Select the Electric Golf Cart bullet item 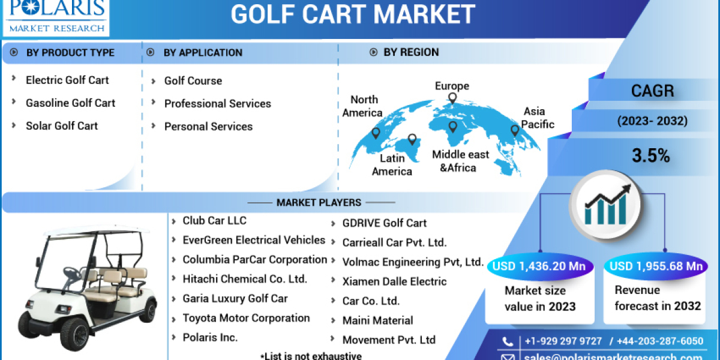67,80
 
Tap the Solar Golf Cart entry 61,125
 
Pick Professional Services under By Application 217,104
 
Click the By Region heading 410,52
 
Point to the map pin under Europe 452,99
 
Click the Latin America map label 392,165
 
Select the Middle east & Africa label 460,161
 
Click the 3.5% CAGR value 650,156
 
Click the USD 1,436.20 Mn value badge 540,266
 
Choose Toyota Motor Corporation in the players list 246,318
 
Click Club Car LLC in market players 214,221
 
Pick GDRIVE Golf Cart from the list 384,223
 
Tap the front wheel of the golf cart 74,333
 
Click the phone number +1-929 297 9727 563,341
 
